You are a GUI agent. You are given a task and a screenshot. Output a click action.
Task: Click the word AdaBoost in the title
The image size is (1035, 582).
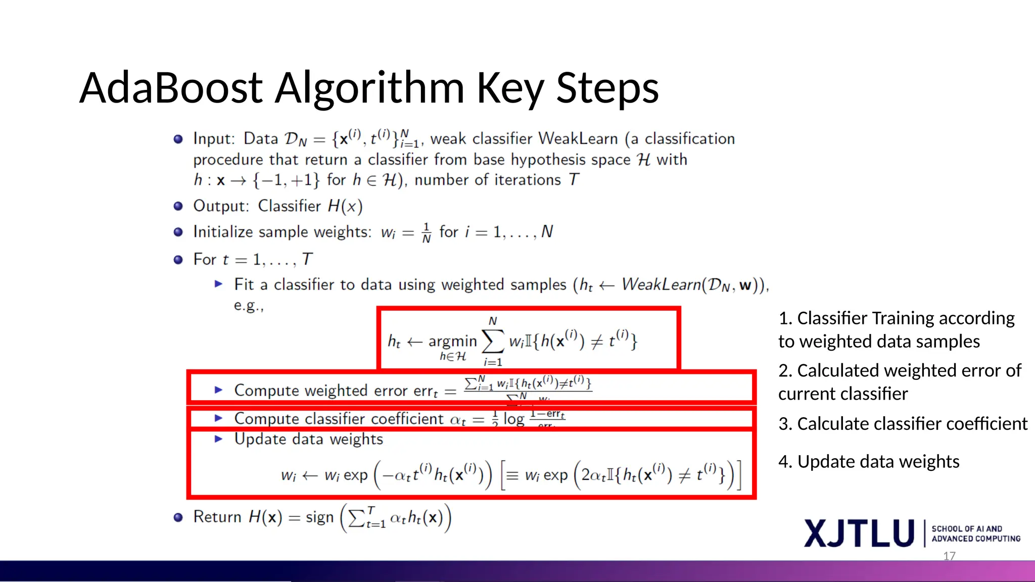(171, 88)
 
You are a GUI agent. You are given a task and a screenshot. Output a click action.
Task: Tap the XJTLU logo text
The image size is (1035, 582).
(859, 533)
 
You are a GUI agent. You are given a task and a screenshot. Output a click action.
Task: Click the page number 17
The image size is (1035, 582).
(949, 556)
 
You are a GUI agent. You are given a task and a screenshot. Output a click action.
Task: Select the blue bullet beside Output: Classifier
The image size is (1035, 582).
(178, 206)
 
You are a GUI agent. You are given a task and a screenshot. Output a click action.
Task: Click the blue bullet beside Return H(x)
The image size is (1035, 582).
(178, 517)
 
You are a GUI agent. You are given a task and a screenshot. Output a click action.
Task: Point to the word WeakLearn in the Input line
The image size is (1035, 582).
(578, 138)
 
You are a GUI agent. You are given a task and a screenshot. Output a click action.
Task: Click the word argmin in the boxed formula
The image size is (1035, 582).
(452, 342)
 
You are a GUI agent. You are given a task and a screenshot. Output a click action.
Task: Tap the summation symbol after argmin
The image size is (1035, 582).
(493, 341)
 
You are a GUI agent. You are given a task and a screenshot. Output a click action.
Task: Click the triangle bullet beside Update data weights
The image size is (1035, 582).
(218, 439)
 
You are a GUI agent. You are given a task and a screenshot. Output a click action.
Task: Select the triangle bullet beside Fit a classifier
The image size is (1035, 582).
(218, 284)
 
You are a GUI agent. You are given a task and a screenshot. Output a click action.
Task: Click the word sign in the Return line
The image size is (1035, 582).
(319, 517)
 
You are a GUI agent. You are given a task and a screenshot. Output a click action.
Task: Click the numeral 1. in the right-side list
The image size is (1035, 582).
(785, 318)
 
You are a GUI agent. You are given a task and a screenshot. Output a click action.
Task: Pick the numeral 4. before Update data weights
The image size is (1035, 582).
(785, 462)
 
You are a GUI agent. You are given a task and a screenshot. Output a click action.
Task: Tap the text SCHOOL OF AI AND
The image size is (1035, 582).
(966, 528)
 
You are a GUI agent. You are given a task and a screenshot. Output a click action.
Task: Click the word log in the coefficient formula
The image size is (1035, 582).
(513, 419)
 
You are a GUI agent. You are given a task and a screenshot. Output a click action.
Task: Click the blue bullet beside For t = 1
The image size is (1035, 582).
(178, 260)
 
